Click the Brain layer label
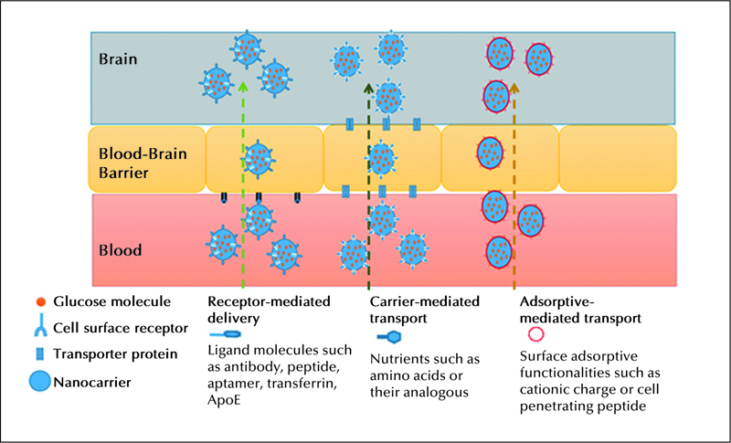pyautogui.click(x=118, y=59)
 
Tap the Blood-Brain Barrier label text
pyautogui.click(x=143, y=163)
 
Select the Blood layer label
pyautogui.click(x=121, y=250)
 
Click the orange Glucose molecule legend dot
pyautogui.click(x=41, y=301)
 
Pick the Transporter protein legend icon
pyautogui.click(x=40, y=354)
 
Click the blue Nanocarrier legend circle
pyautogui.click(x=40, y=381)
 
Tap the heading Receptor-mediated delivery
pyautogui.click(x=269, y=310)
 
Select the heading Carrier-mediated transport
pyautogui.click(x=425, y=310)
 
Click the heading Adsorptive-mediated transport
pyautogui.click(x=580, y=311)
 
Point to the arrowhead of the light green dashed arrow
pyautogui.click(x=242, y=86)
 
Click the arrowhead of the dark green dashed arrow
pyautogui.click(x=368, y=88)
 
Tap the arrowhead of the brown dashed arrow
pyautogui.click(x=514, y=88)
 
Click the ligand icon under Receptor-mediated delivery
pyautogui.click(x=225, y=334)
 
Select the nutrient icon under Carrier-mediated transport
pyautogui.click(x=389, y=336)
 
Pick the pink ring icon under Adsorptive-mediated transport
pyautogui.click(x=535, y=334)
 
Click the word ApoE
pyautogui.click(x=224, y=400)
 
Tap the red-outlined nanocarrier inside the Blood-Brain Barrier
pyautogui.click(x=490, y=153)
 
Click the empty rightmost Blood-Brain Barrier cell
pyautogui.click(x=618, y=158)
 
